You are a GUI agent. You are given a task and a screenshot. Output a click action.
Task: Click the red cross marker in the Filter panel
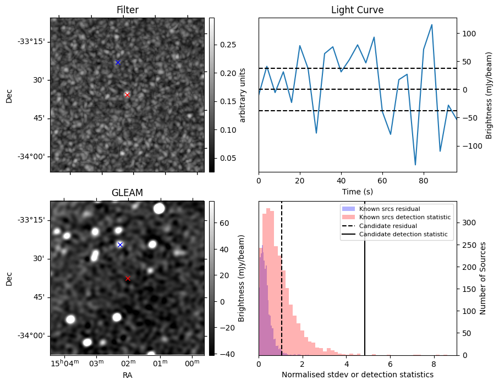(127, 95)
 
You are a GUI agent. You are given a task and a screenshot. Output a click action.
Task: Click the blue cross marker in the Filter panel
(118, 62)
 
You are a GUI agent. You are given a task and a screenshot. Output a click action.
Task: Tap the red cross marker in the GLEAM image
(128, 279)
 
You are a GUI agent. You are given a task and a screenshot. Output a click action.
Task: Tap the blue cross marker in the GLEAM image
(120, 245)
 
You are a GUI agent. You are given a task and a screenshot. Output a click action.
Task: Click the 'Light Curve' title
(357, 10)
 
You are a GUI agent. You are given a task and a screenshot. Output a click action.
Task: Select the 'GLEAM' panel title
(127, 193)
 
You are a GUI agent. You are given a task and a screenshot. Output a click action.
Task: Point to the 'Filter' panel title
(127, 10)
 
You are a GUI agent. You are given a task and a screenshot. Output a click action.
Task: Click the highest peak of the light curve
(432, 25)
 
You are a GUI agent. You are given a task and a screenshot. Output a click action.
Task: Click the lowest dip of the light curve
(415, 165)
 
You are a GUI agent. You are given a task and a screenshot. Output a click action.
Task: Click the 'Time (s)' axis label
(357, 191)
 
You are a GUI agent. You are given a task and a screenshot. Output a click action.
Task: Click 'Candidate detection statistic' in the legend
(404, 235)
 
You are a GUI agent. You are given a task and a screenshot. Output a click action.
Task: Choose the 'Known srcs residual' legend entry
(389, 209)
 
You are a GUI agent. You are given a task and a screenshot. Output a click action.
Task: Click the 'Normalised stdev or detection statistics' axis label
(357, 375)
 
